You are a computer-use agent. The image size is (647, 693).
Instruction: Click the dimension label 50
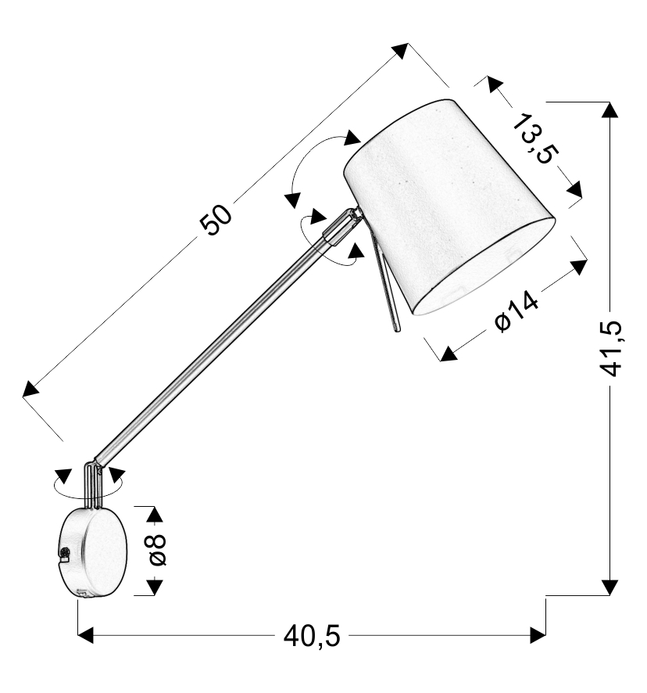(x=216, y=220)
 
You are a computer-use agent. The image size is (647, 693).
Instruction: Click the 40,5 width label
(x=313, y=637)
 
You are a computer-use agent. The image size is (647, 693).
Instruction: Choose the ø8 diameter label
(x=158, y=550)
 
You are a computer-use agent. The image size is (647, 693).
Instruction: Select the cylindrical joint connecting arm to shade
(x=342, y=227)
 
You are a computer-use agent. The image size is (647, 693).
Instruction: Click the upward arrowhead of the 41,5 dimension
(x=610, y=110)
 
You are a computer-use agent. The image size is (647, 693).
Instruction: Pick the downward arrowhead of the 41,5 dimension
(x=610, y=587)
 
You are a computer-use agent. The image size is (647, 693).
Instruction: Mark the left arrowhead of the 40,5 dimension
(x=86, y=636)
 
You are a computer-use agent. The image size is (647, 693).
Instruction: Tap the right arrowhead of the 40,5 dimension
(x=538, y=636)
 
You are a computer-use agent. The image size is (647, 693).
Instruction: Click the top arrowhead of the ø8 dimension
(x=155, y=515)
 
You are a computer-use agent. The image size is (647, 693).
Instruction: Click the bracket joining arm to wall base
(x=94, y=485)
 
